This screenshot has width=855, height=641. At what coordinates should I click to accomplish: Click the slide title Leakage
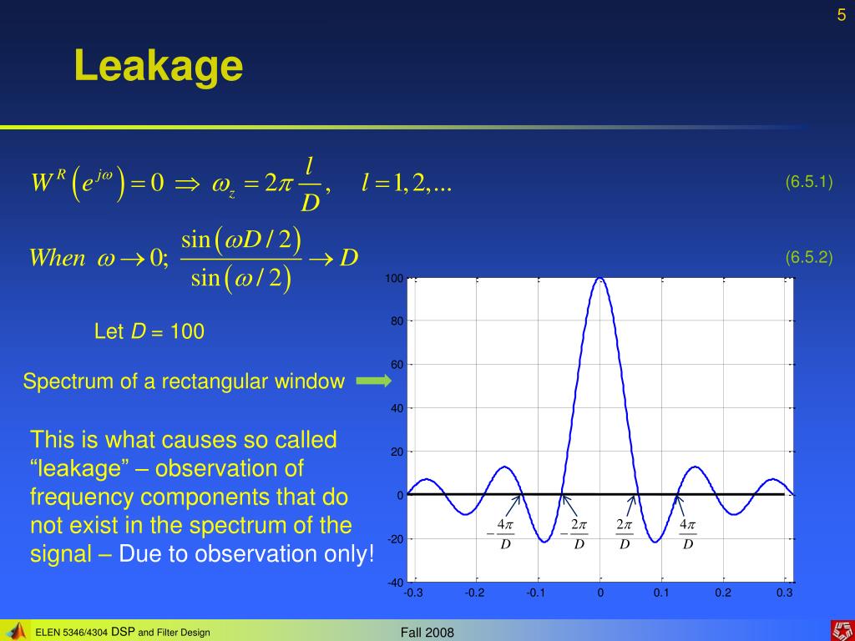coord(158,67)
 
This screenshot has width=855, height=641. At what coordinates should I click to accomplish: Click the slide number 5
coord(842,15)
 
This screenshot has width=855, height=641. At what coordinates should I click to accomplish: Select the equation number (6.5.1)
coord(808,181)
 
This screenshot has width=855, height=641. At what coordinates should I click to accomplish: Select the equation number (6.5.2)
coord(808,257)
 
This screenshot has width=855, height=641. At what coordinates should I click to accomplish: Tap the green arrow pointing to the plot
coord(373,381)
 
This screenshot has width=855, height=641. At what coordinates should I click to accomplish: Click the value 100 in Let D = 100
coord(187,331)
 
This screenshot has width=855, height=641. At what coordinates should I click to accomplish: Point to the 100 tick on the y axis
coord(394,279)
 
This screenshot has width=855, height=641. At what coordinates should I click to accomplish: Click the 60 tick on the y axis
coord(397,365)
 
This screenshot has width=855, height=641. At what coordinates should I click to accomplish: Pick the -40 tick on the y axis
coord(395,583)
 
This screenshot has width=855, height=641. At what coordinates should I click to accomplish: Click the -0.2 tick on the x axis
coord(474,593)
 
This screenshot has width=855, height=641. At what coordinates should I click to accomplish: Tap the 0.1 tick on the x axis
coord(661,593)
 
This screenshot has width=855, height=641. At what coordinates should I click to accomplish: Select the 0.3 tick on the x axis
coord(784,593)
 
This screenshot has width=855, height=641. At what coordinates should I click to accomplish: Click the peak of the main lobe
coord(600,279)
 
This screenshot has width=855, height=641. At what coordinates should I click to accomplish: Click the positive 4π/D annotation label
coord(688,534)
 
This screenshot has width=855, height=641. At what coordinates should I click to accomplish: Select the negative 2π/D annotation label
coord(574,534)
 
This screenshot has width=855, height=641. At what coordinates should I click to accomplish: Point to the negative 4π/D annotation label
coord(501,534)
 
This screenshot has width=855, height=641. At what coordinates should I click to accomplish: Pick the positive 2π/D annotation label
coord(625,534)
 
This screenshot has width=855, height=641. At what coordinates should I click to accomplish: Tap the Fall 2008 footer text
coord(427,633)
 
